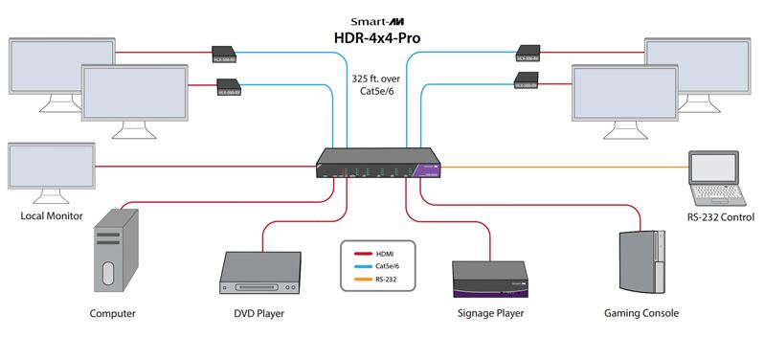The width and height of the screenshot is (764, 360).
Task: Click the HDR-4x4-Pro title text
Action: (x=382, y=39)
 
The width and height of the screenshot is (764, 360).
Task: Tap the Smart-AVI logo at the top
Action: (x=382, y=16)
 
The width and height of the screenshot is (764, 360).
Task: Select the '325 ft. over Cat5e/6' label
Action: (x=382, y=83)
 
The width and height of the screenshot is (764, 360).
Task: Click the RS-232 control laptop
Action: (x=721, y=180)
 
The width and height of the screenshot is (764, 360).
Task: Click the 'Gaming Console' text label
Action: (x=640, y=313)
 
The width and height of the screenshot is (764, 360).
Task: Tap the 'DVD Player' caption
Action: (x=258, y=313)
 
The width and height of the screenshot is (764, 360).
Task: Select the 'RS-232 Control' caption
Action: (x=720, y=217)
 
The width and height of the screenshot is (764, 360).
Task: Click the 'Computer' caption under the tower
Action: (x=112, y=313)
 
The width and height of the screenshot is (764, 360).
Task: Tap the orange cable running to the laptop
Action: (x=574, y=167)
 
